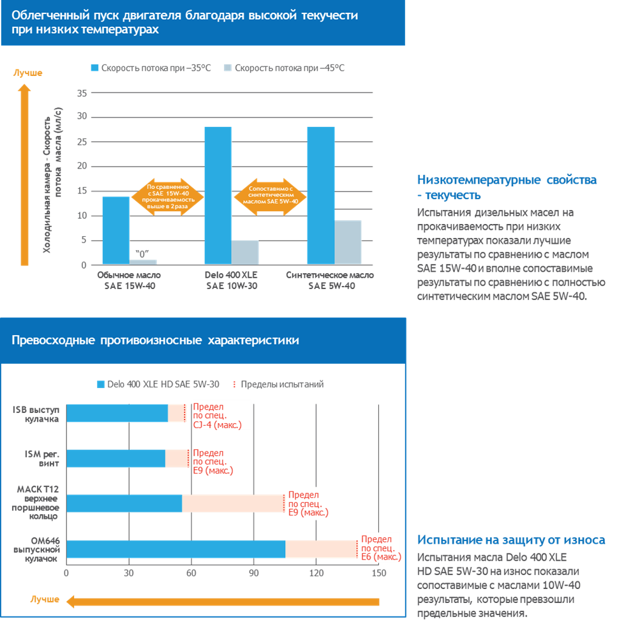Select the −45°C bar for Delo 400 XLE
(245, 251)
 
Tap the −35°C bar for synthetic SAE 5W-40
(321, 195)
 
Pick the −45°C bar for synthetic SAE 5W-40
(348, 242)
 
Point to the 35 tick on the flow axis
(81, 93)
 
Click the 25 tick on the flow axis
(81, 142)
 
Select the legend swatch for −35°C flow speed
(95, 68)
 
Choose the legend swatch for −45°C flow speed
(228, 68)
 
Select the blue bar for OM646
(175, 549)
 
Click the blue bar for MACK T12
(124, 503)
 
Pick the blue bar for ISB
(117, 413)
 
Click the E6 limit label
(380, 548)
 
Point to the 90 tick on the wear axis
(253, 572)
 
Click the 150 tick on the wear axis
(379, 572)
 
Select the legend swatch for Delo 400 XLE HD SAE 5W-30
(100, 384)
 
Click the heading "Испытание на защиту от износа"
(511, 540)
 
